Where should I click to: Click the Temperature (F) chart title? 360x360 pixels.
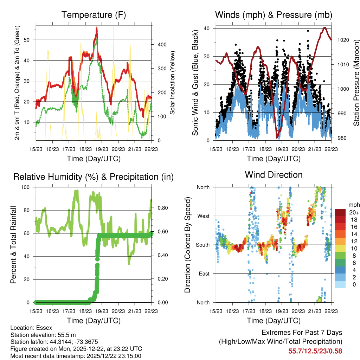point(94,15)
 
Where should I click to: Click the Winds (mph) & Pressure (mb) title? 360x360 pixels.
point(274,15)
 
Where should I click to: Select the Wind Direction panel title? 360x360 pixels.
point(274,175)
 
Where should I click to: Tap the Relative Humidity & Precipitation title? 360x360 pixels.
point(94,177)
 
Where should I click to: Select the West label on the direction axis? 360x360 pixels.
point(203,216)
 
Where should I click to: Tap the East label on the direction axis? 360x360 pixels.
point(204,274)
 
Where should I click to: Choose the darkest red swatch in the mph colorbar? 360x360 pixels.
point(340,212)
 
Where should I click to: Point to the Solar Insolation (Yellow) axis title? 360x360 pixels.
point(173,83)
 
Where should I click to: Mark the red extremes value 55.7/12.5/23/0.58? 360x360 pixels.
point(315,351)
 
